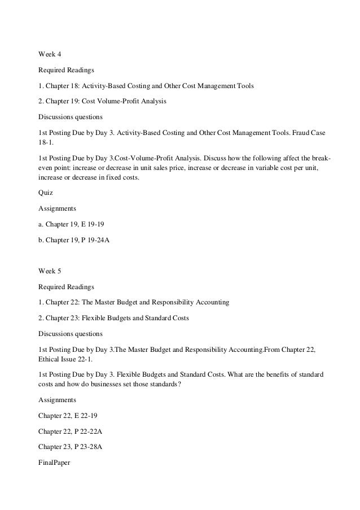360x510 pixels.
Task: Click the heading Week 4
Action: pyautogui.click(x=49, y=54)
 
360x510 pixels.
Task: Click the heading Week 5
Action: pyautogui.click(x=49, y=271)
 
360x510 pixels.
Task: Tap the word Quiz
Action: pyautogui.click(x=45, y=192)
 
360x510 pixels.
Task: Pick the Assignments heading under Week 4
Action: pyautogui.click(x=56, y=208)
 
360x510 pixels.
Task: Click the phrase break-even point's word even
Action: pyautogui.click(x=46, y=168)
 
